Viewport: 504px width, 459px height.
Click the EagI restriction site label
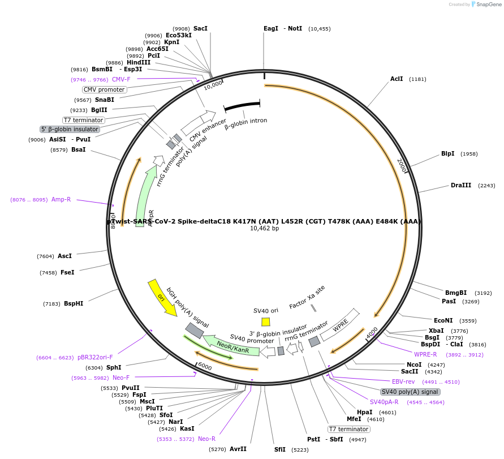coord(271,28)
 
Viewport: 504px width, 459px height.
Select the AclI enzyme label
coord(397,79)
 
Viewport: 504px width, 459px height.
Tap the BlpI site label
coord(447,153)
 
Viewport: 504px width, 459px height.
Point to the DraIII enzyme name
coord(460,185)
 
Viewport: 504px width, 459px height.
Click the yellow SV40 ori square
coord(266,321)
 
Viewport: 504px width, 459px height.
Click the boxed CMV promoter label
coord(104,89)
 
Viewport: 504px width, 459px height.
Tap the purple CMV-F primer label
coord(121,79)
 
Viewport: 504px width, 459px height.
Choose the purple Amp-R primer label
coord(61,199)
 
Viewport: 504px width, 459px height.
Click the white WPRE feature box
coord(340,325)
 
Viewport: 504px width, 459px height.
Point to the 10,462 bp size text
coord(264,229)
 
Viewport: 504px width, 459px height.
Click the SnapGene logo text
coord(488,5)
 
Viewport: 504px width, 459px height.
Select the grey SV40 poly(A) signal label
coord(410,392)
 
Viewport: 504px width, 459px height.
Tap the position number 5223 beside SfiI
coord(299,449)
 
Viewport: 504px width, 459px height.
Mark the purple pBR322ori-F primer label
coord(95,357)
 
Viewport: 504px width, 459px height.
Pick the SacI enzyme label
coord(200,28)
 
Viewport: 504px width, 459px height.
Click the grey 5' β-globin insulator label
coord(70,129)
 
